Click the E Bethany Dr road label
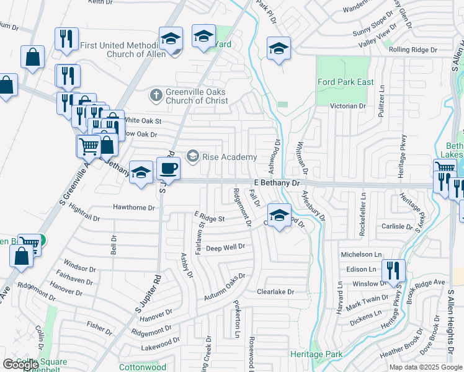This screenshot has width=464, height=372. tap(277, 184)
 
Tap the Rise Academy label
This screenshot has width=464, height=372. tap(229, 156)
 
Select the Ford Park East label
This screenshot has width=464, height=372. tap(346, 82)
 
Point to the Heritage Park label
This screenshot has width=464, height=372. tap(316, 354)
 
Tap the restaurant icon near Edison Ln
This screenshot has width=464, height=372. tap(393, 271)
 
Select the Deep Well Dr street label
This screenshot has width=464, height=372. tap(226, 247)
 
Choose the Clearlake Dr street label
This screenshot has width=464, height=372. tap(275, 291)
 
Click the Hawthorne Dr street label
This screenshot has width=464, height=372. tap(134, 208)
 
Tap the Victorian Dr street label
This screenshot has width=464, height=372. tap(348, 106)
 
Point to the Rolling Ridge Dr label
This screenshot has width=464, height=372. tap(413, 50)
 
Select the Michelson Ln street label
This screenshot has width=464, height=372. tap(361, 255)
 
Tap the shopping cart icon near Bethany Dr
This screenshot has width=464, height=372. tap(89, 147)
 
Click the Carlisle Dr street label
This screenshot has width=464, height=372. tap(397, 226)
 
